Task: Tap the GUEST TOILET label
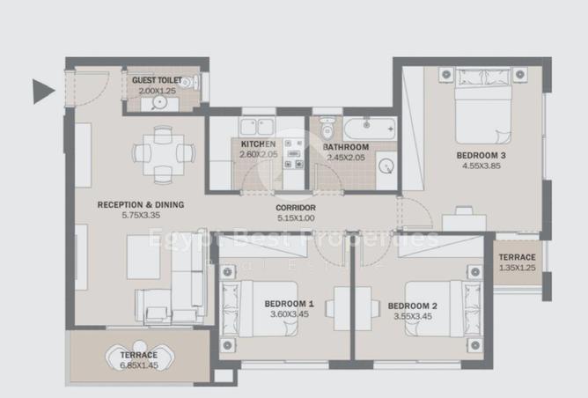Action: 157,80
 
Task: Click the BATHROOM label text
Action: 345,147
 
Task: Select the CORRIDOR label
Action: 296,208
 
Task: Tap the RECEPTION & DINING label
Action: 141,204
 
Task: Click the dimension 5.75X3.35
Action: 141,216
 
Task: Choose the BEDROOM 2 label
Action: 413,306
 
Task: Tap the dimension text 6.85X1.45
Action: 138,365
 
